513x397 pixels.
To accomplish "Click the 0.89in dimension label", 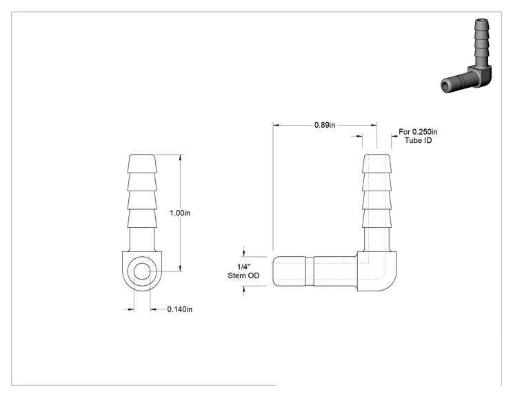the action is [325, 125].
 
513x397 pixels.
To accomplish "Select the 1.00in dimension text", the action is [179, 213].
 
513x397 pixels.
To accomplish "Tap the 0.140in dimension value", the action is [179, 309].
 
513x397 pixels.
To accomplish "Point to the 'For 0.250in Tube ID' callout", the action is [418, 136].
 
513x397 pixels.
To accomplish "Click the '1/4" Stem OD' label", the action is [243, 271].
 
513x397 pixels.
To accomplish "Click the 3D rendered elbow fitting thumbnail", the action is [466, 56].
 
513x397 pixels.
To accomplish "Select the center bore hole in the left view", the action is [142, 271].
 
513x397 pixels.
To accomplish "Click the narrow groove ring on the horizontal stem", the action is [310, 271].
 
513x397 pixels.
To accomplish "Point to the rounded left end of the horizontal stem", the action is [275, 271].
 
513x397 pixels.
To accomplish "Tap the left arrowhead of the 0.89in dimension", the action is [276, 125].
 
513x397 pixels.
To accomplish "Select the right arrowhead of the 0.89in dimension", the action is [374, 125].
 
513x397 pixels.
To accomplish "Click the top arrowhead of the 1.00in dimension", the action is [180, 157].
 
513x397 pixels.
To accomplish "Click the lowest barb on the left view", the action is [142, 218].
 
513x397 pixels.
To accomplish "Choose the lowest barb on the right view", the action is [376, 218].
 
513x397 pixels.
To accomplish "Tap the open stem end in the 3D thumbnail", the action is [445, 86].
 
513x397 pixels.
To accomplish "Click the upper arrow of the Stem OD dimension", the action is [243, 253].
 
